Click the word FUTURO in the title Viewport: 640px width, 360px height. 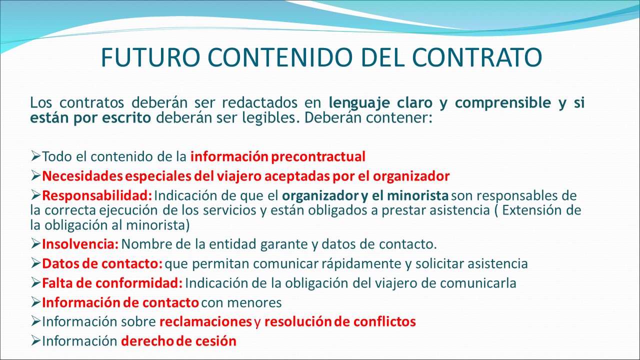[150, 57]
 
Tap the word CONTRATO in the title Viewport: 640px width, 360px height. [477, 57]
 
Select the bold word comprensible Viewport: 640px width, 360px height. [503, 103]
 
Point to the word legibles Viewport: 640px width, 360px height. [271, 117]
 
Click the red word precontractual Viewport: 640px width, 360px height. [318, 157]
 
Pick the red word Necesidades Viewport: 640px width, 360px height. [82, 176]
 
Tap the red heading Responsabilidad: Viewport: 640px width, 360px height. [97, 196]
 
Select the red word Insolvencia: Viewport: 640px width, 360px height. [80, 244]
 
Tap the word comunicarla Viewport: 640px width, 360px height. [478, 283]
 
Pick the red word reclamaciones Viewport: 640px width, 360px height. [205, 321]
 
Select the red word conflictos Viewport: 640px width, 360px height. [384, 321]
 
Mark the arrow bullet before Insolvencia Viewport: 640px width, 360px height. [35, 243]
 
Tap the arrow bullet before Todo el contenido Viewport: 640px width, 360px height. [35, 156]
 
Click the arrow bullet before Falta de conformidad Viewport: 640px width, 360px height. [35, 283]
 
